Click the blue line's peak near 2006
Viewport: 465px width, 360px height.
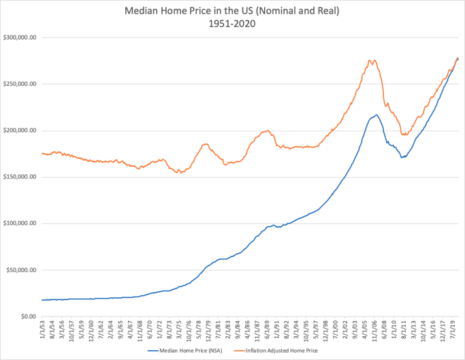point(376,115)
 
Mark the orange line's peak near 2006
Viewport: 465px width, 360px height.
point(371,60)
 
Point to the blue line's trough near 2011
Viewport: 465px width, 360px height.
point(402,157)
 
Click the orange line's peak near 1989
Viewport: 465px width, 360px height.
point(268,130)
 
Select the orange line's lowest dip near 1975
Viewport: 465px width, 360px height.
point(179,173)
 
